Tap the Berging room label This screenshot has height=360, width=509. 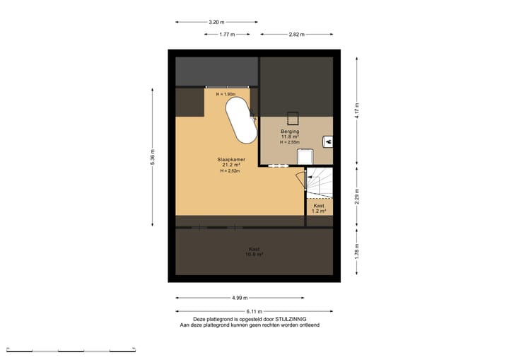click(x=290, y=131)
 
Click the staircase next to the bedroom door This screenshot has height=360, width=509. click(x=320, y=183)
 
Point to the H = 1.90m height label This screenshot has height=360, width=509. click(x=226, y=94)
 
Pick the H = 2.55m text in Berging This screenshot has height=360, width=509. click(x=290, y=142)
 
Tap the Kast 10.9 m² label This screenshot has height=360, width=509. click(x=255, y=251)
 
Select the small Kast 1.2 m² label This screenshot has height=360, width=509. click(x=319, y=208)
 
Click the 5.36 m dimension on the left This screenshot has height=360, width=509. click(x=153, y=157)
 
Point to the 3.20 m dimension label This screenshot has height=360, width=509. click(x=218, y=22)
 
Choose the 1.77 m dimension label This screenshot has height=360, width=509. click(x=227, y=34)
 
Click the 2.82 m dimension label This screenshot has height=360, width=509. click(x=297, y=34)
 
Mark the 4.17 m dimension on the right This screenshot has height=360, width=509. click(x=357, y=110)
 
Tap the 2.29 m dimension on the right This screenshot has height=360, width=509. click(x=357, y=196)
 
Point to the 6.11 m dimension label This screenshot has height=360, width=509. click(x=254, y=311)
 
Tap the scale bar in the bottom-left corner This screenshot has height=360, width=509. click(x=71, y=350)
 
